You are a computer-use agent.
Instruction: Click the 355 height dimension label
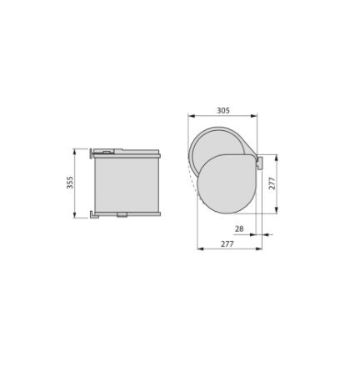pyautogui.click(x=70, y=183)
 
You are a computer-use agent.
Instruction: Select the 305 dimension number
pyautogui.click(x=223, y=110)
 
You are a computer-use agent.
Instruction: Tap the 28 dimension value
pyautogui.click(x=239, y=229)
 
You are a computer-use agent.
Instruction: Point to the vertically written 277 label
pyautogui.click(x=272, y=183)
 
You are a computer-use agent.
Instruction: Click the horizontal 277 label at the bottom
pyautogui.click(x=227, y=244)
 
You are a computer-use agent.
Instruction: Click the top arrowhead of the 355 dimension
pyautogui.click(x=74, y=152)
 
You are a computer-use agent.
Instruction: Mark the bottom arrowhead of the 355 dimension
pyautogui.click(x=74, y=215)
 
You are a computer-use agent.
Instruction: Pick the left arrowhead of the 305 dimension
pyautogui.click(x=191, y=116)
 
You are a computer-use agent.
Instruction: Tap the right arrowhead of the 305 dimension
pyautogui.click(x=253, y=116)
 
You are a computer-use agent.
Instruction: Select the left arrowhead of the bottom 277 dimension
pyautogui.click(x=200, y=249)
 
